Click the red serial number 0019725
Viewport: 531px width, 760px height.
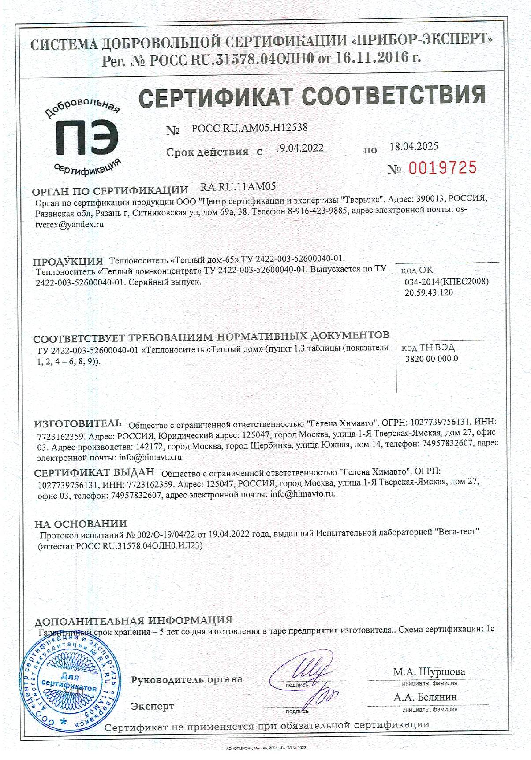click(x=442, y=168)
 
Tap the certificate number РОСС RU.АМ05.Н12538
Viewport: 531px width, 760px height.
click(x=250, y=128)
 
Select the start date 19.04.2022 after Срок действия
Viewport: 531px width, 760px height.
click(x=299, y=148)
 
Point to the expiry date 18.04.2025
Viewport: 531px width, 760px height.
click(x=414, y=147)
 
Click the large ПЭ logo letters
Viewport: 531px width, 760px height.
click(x=86, y=138)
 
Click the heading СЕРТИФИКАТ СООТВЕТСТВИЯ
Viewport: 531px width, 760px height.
click(x=312, y=96)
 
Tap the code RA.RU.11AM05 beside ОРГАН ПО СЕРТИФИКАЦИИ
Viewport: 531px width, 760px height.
click(x=238, y=187)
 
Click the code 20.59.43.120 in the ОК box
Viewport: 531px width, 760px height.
click(x=429, y=293)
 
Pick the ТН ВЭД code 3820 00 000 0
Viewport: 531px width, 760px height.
click(x=431, y=359)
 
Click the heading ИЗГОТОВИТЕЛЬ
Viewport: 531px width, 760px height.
click(x=78, y=424)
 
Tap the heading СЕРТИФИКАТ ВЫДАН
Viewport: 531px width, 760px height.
click(x=94, y=473)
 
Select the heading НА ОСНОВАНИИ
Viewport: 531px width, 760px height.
click(x=81, y=524)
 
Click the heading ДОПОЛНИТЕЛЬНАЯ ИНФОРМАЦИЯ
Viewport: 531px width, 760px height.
click(x=133, y=620)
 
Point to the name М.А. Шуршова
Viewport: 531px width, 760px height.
click(x=429, y=672)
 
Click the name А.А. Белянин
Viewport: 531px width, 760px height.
click(x=425, y=697)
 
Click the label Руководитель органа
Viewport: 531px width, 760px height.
click(x=187, y=679)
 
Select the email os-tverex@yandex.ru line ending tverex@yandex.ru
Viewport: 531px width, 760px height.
click(x=70, y=224)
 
